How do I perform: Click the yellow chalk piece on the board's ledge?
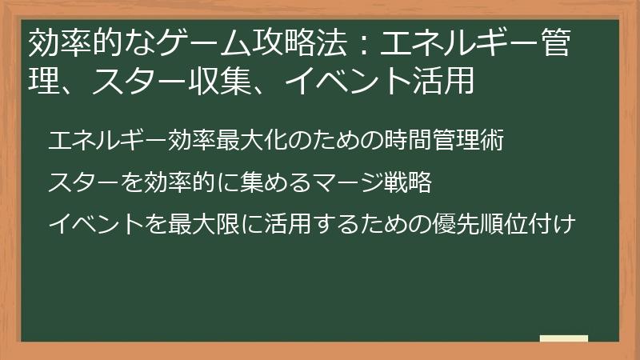pyautogui.click(x=563, y=338)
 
